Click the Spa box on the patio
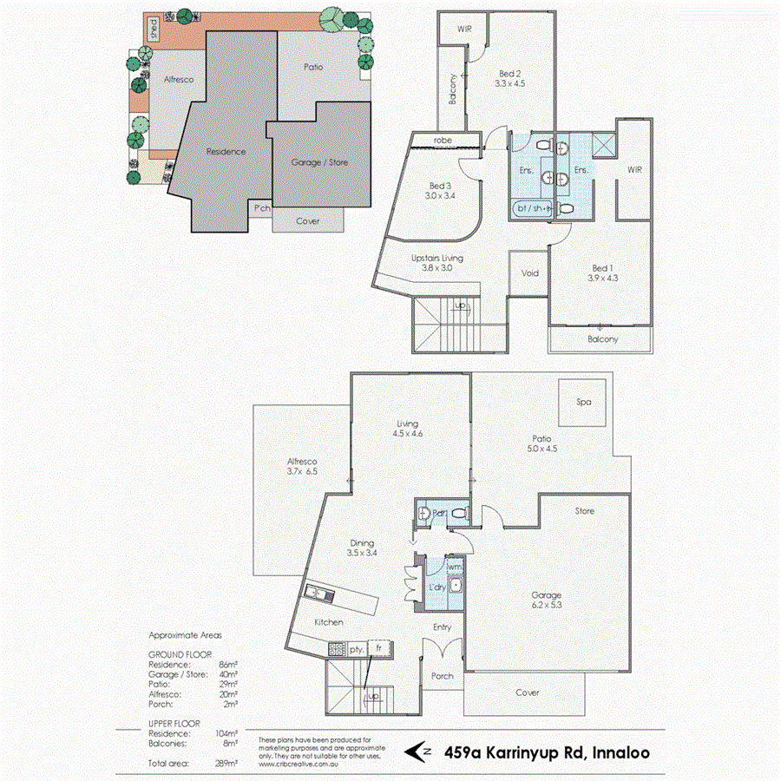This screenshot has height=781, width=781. click(x=582, y=404)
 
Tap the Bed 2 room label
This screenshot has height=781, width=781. click(x=510, y=79)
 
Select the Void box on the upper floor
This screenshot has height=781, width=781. click(x=529, y=273)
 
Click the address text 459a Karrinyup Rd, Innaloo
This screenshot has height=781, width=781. click(x=546, y=751)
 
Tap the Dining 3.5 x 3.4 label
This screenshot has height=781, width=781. click(x=362, y=548)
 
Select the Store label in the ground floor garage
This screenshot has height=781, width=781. click(x=585, y=511)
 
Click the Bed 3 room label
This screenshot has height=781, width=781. click(x=441, y=191)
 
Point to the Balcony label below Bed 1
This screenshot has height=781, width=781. click(x=602, y=339)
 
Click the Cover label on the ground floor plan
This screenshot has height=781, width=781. click(x=528, y=692)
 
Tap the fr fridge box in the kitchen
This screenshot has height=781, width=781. click(x=379, y=646)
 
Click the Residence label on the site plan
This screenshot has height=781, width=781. click(x=226, y=151)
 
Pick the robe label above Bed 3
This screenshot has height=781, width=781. click(x=443, y=141)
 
